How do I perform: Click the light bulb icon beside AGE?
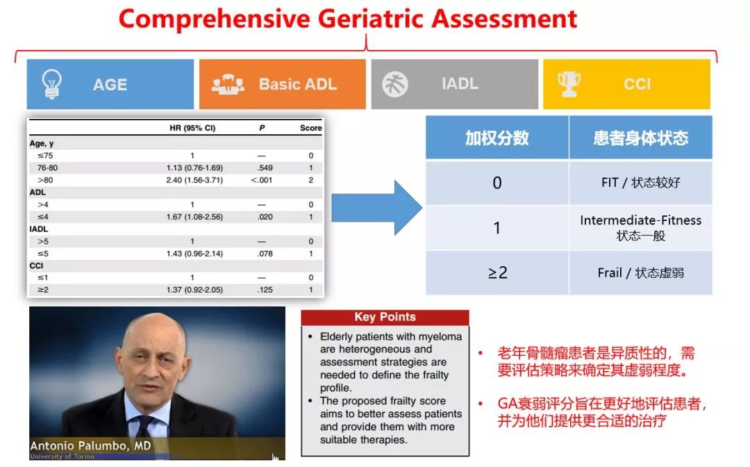coord(51,83)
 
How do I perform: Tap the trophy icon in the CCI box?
coord(569,83)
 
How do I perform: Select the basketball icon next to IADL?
coord(395,84)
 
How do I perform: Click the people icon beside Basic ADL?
coord(228,84)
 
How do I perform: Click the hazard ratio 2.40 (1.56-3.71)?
coord(194,180)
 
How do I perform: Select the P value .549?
coord(265,168)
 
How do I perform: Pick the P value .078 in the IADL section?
coord(265,254)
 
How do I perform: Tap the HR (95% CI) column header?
coord(192,128)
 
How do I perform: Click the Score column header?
coord(310,128)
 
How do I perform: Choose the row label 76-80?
coord(47,168)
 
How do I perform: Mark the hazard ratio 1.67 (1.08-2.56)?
coord(194,217)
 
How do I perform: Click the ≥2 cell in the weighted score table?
coord(497,272)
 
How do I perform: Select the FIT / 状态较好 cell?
coord(640,183)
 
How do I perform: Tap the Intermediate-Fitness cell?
coord(640,228)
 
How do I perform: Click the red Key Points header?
coord(385,317)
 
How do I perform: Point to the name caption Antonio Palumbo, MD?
coord(90,446)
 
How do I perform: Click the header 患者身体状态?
coord(640,138)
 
